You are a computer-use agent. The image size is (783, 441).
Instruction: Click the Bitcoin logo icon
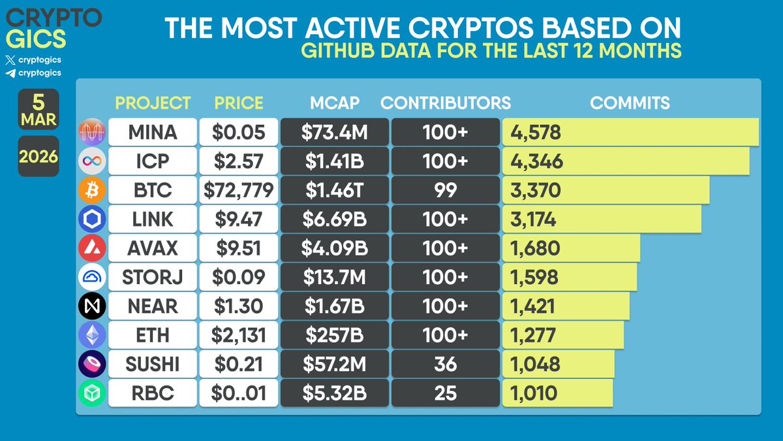[92, 191]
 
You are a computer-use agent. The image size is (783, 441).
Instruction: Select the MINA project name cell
[152, 133]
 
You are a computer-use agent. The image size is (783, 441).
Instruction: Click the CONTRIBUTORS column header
[446, 103]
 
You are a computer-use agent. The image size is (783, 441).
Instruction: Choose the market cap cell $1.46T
[334, 190]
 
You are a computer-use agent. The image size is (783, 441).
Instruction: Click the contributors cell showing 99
[445, 190]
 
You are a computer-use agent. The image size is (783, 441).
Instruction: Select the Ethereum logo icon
[92, 335]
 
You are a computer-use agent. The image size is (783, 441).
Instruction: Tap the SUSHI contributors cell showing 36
[445, 363]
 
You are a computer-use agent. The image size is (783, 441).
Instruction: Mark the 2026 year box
[38, 157]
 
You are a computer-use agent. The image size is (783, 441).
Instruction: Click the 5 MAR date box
[38, 109]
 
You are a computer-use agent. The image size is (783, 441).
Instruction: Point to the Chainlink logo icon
[92, 220]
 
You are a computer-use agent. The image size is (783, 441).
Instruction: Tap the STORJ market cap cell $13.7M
[334, 277]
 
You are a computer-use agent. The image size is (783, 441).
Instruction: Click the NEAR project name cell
[152, 306]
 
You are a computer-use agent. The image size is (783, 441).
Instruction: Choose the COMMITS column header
[630, 103]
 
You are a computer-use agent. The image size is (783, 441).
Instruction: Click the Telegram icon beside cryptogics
[10, 73]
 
